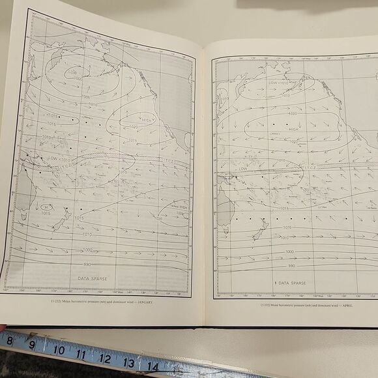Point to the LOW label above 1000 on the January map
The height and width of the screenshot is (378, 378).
tap(72, 70)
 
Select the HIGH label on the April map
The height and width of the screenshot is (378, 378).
tap(293, 128)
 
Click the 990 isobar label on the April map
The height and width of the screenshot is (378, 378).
tap(291, 265)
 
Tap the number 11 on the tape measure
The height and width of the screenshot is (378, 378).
tap(81, 354)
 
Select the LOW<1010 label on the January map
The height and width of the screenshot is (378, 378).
tap(53, 158)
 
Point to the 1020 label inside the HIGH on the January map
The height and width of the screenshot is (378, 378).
tap(133, 126)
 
